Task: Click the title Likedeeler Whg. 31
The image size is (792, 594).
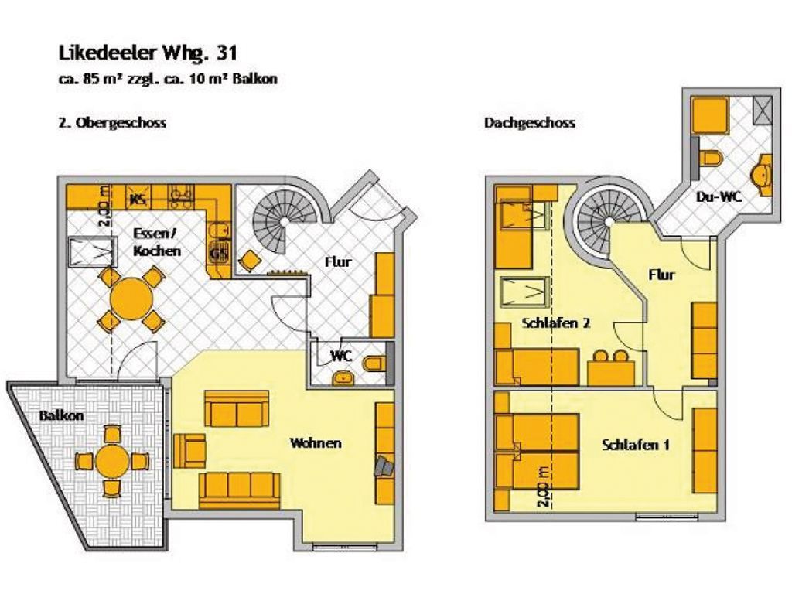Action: pyautogui.click(x=148, y=53)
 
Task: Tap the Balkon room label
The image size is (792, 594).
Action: pyautogui.click(x=61, y=415)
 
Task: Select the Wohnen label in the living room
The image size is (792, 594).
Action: pyautogui.click(x=316, y=443)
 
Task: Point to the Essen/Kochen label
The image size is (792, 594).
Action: pyautogui.click(x=156, y=242)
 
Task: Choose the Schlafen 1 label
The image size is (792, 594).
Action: pyautogui.click(x=636, y=445)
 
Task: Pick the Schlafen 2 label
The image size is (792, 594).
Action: pyautogui.click(x=555, y=323)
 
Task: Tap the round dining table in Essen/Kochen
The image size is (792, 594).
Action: pyautogui.click(x=131, y=299)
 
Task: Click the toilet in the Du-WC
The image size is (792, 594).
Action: pyautogui.click(x=712, y=158)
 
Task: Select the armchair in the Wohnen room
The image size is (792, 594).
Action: pyautogui.click(x=189, y=450)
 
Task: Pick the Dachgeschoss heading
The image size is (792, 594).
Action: pyautogui.click(x=529, y=123)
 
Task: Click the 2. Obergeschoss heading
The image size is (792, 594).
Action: pyautogui.click(x=113, y=123)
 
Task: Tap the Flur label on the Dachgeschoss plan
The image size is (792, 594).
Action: pyautogui.click(x=661, y=275)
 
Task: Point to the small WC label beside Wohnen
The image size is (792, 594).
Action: pyautogui.click(x=341, y=356)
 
